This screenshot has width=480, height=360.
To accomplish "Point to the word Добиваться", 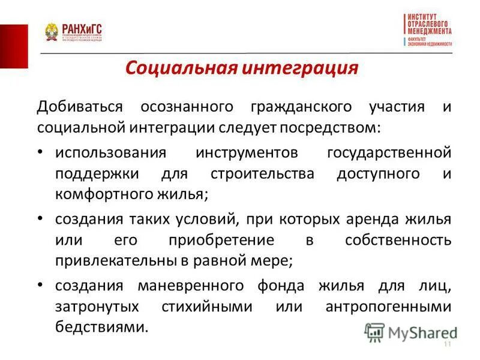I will [79, 107].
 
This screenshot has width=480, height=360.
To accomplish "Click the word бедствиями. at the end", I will [101, 328].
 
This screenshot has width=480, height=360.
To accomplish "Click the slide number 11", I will [446, 344].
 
